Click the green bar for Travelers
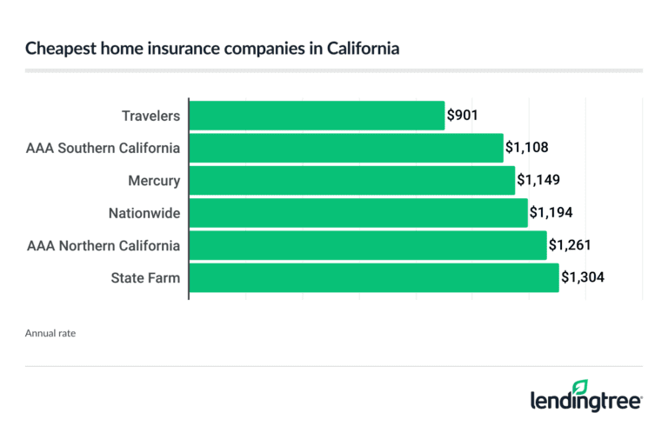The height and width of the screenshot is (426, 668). click(317, 115)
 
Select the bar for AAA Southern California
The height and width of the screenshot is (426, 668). click(346, 148)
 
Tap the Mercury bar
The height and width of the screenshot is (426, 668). click(352, 180)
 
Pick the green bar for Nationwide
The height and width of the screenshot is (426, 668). click(358, 212)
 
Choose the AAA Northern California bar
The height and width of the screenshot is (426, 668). click(368, 245)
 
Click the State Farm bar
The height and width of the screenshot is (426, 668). click(374, 277)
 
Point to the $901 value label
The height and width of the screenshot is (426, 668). click(462, 115)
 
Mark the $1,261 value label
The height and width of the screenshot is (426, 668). click(571, 245)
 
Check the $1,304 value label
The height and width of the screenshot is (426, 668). click(583, 277)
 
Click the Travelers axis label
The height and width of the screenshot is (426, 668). click(151, 115)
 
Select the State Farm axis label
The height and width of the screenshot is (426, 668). click(145, 277)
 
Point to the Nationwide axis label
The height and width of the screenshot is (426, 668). click(144, 212)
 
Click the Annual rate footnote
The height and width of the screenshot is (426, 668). click(50, 332)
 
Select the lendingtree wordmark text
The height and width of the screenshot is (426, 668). click(586, 402)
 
